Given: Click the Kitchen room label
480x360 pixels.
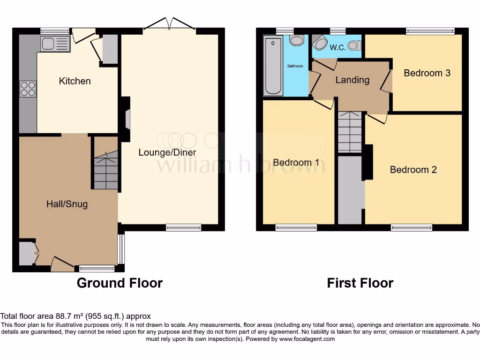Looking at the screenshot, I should click(75, 81).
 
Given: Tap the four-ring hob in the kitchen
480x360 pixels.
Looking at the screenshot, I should click(28, 89).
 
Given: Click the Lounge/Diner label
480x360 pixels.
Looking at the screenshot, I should click(167, 152).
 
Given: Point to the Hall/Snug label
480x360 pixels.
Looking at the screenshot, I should click(67, 204).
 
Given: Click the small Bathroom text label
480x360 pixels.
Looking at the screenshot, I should click(295, 66).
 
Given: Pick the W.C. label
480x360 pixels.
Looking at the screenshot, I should click(337, 47).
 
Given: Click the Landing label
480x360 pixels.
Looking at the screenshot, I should click(352, 80).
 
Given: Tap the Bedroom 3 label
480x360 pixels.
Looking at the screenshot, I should click(427, 73).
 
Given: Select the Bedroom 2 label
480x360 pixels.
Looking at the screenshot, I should click(413, 170).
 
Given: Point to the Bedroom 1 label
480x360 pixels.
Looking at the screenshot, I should click(296, 163).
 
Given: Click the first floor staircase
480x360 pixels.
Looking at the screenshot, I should click(350, 132).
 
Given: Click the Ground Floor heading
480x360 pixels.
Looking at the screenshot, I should click(120, 283).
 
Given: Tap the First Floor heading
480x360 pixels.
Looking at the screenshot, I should click(360, 283).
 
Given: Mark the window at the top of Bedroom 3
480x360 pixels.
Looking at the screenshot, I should click(430, 31).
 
